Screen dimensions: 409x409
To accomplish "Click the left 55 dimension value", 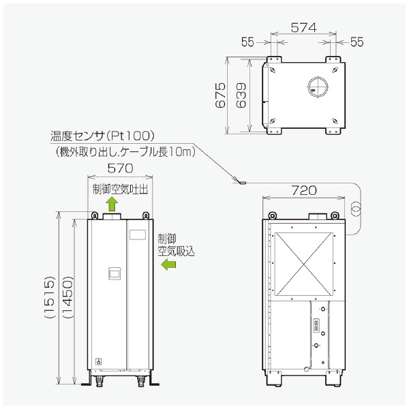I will (247, 42).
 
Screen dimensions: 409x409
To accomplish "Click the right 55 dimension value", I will (357, 42).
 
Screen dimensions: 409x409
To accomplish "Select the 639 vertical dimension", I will (240, 95).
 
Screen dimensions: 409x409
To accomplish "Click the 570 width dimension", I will (120, 168).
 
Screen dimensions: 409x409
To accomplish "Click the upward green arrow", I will (113, 203).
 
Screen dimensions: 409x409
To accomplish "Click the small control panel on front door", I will (115, 275).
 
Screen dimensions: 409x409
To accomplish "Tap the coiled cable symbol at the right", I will (355, 208).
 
